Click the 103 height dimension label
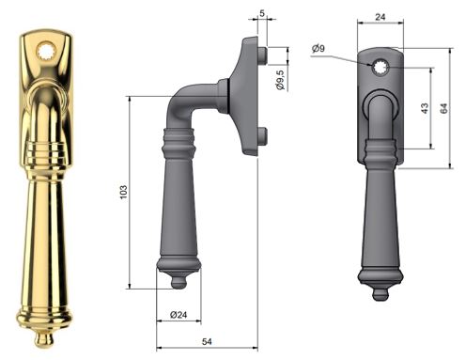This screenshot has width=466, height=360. (124, 192)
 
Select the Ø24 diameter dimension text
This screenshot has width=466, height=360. (179, 315)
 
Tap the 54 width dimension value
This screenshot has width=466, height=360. (207, 341)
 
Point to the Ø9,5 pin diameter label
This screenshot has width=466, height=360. (281, 80)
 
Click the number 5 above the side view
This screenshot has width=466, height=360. (262, 13)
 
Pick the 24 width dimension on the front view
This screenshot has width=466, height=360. (381, 17)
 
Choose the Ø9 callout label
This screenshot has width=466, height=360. (318, 48)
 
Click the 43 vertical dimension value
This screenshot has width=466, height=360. (425, 108)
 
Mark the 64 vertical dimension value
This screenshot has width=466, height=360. (443, 108)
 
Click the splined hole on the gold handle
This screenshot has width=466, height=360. (47, 52)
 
